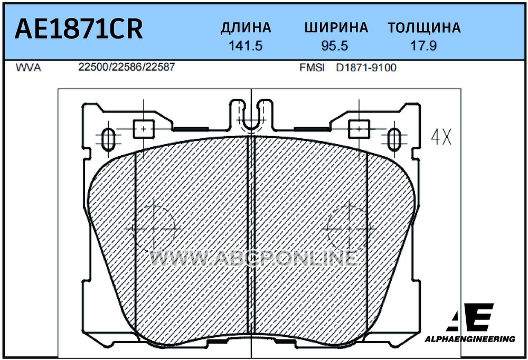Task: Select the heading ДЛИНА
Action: (x=246, y=27)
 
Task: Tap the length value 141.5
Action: (x=246, y=45)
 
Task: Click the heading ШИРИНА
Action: (x=336, y=27)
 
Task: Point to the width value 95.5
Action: (x=334, y=45)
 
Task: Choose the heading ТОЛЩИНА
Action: (x=424, y=27)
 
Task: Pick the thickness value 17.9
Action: (x=423, y=45)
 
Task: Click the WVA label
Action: (x=29, y=68)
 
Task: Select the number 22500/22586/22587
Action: (x=127, y=67)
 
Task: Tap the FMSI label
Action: (x=312, y=68)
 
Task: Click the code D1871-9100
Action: (x=366, y=68)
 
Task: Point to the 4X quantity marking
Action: (x=441, y=137)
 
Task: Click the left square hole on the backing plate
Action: (x=144, y=129)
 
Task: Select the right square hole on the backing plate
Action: (x=359, y=129)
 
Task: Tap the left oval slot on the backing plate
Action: (x=108, y=139)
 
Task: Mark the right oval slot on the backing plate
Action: (x=394, y=139)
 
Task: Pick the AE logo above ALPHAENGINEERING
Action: (x=470, y=317)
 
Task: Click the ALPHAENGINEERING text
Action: (x=470, y=339)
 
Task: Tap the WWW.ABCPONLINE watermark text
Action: (x=253, y=258)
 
